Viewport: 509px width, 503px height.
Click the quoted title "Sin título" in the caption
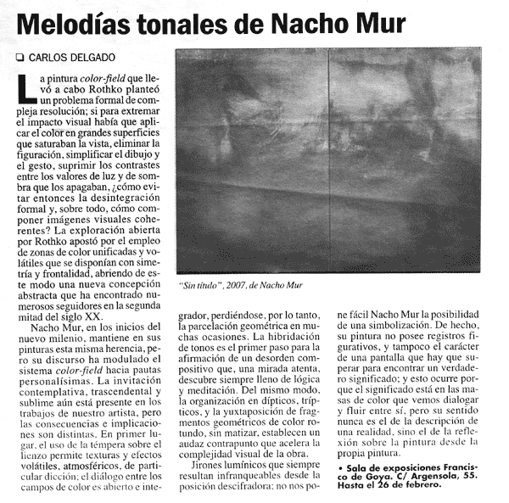[x=201, y=285]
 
